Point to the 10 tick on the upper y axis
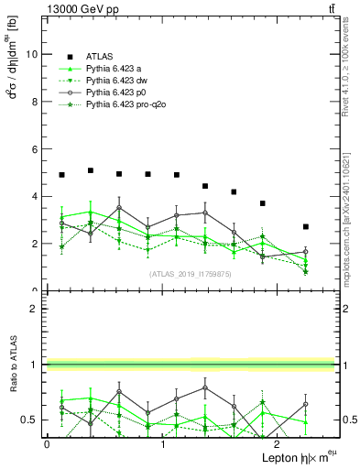click(x=32, y=54)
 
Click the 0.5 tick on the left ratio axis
click(x=29, y=420)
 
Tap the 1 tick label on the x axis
click(x=163, y=444)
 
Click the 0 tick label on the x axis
click(x=47, y=444)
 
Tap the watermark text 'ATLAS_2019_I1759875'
click(x=191, y=274)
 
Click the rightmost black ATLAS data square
click(x=306, y=226)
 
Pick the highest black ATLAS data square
click(x=91, y=170)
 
